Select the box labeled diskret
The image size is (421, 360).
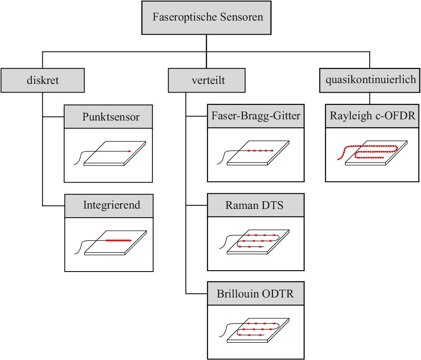(x=43, y=80)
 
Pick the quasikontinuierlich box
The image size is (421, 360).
(x=370, y=80)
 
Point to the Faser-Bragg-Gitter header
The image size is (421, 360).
(x=256, y=116)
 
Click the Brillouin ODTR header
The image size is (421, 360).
(x=256, y=294)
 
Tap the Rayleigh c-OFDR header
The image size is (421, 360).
(x=372, y=116)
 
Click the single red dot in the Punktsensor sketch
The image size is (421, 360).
(x=129, y=151)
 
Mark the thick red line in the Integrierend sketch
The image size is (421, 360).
(x=118, y=240)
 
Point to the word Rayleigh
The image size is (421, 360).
(x=348, y=116)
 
